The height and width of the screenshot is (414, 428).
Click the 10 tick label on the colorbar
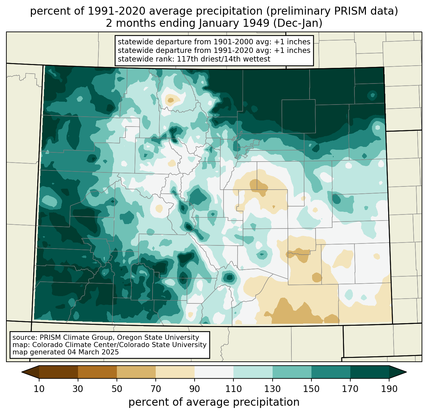click(x=39, y=389)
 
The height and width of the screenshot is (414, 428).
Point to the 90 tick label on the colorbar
click(x=195, y=389)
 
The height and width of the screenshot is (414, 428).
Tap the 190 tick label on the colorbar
click(x=389, y=389)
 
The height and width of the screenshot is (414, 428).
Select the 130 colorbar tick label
click(x=273, y=389)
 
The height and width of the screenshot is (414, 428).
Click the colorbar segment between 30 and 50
click(x=97, y=372)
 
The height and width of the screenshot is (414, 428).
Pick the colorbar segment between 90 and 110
click(x=214, y=372)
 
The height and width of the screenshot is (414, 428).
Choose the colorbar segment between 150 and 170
click(x=331, y=372)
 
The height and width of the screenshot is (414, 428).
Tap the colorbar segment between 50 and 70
click(x=136, y=372)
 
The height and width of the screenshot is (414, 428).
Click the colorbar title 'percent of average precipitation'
click(x=214, y=402)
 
